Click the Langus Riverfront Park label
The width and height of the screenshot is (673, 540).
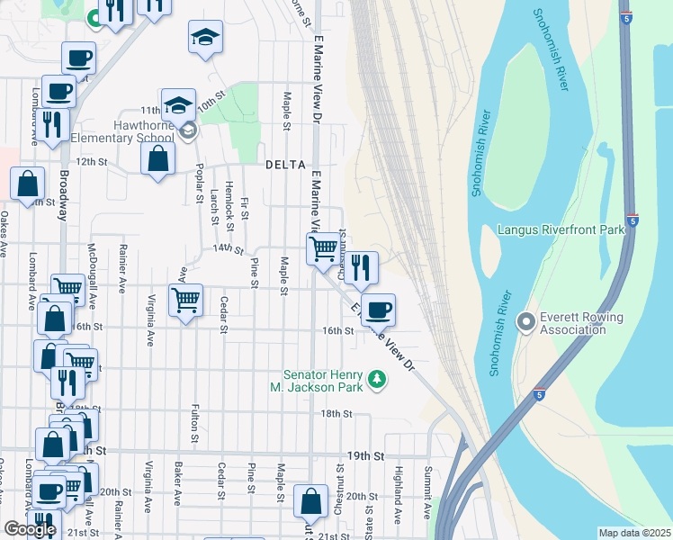point(561,230)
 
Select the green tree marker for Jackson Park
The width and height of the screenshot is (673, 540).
point(378,381)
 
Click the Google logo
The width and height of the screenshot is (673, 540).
point(30,529)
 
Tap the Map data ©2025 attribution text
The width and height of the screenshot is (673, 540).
point(634,533)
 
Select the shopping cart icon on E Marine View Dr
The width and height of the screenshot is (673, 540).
point(323,247)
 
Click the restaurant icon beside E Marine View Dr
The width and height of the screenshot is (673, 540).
point(361,267)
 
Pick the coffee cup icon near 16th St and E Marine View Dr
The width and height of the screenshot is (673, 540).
point(379,310)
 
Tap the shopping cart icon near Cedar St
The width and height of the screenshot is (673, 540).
point(185,300)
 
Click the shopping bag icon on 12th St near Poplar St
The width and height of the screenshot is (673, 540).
point(157,160)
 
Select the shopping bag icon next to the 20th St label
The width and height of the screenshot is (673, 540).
point(310,500)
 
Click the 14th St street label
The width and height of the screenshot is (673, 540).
point(229,247)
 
